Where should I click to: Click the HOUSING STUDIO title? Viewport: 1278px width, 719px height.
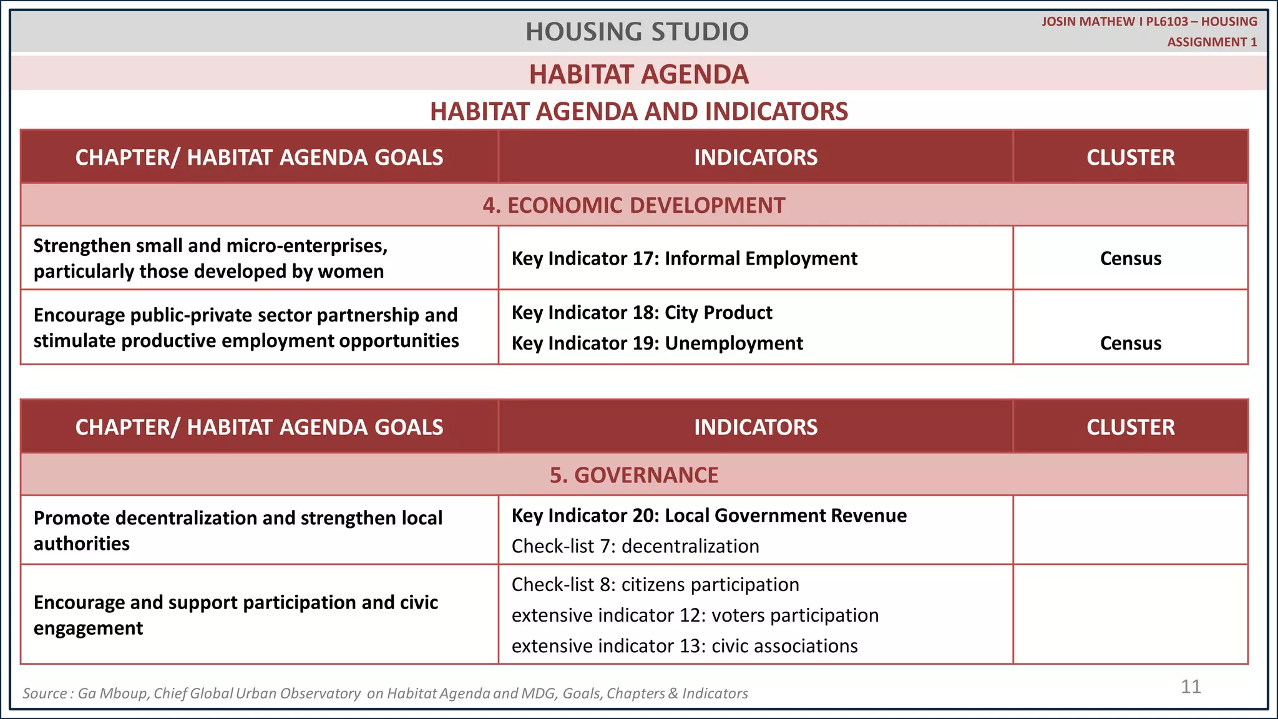coord(637,31)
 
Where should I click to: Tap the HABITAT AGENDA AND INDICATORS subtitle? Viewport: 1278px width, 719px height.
coord(638,111)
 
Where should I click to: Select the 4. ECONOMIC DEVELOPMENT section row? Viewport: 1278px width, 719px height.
coord(633,205)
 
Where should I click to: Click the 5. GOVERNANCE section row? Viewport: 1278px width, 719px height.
coord(633,475)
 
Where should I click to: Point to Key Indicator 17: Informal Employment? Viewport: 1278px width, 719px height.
coord(684,258)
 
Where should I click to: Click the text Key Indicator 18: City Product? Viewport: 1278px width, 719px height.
coord(641,312)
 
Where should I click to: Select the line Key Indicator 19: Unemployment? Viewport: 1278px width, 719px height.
coord(657,343)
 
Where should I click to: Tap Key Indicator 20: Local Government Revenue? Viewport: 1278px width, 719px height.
coord(709,516)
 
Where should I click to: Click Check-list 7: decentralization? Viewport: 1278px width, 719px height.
coord(635,546)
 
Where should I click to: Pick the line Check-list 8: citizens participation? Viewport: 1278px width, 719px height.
coord(655,585)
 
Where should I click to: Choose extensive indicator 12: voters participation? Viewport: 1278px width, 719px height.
coord(695,615)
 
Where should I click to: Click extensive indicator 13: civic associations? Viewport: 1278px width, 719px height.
coord(685,646)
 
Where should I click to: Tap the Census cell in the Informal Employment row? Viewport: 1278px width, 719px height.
coord(1130,258)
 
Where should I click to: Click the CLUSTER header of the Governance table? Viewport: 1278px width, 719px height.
coord(1130,427)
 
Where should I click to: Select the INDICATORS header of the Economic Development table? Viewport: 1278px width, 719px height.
coord(755,157)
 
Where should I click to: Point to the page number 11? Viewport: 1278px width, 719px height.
coord(1191,687)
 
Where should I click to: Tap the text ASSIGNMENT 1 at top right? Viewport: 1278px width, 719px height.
coord(1211,42)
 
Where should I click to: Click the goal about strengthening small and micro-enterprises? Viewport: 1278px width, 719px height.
coord(210,258)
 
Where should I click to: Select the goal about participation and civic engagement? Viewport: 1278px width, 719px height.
coord(235,615)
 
